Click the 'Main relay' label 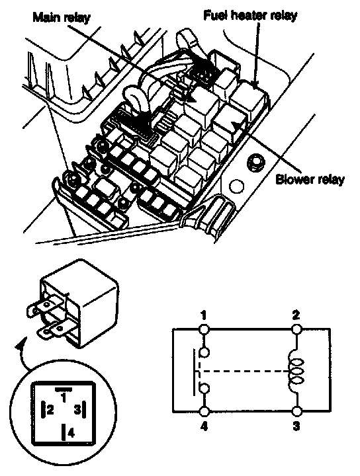tap(62, 17)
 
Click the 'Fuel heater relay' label tap(250, 15)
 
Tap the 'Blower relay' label tap(310, 179)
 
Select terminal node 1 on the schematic tap(204, 329)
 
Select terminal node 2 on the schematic tap(296, 329)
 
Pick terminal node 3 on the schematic tap(297, 412)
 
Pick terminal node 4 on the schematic tap(204, 412)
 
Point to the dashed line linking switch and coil tap(243, 372)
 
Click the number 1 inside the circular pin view tap(63, 398)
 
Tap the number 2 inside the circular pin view tap(50, 410)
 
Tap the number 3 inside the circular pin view tap(77, 410)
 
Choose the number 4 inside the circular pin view tap(71, 433)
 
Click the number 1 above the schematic tap(204, 315)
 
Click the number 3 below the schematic tap(296, 426)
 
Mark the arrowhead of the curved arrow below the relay tap(21, 345)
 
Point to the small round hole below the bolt tap(236, 186)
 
